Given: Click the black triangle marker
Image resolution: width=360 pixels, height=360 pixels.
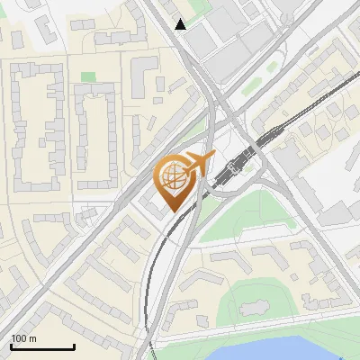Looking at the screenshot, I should click(181, 24).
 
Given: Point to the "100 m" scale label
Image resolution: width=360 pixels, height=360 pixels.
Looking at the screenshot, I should click(23, 338).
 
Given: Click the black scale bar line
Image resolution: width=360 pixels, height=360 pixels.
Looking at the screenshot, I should click(42, 346).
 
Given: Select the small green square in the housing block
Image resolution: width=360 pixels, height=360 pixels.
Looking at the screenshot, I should click(87, 77).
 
